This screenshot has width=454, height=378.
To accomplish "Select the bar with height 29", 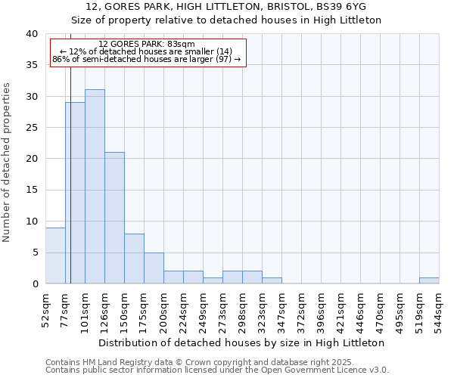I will coord(75,193).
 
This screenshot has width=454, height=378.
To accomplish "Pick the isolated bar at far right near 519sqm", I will coord(429,280).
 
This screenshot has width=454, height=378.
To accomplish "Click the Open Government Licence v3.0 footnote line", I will coord(217,370).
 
